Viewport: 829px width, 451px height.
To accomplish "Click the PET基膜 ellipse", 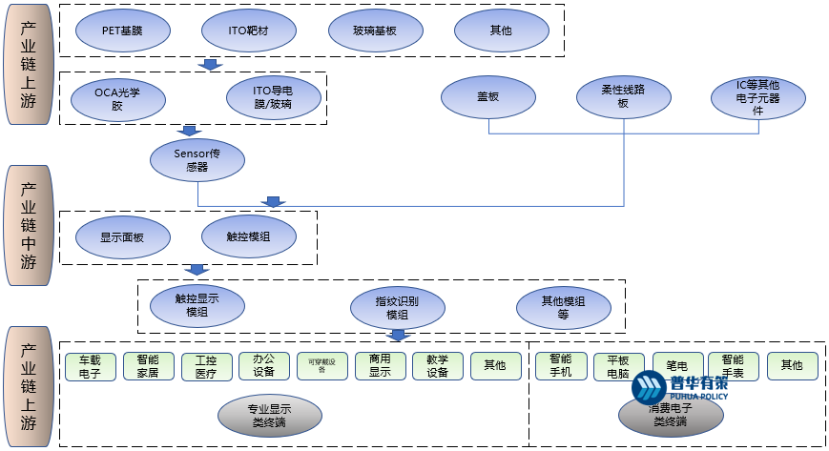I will point(122,31).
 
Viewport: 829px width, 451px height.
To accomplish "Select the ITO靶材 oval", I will point(248,31).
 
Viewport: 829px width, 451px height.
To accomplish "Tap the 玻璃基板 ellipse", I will point(375,31).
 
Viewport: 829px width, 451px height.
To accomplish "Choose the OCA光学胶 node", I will point(117,98).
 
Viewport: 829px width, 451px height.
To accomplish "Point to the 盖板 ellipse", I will point(488,97).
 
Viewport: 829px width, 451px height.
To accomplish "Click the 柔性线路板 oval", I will point(623,97).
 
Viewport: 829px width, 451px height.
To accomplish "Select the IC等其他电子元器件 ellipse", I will point(758,97).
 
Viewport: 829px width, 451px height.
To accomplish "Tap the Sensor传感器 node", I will point(197,159).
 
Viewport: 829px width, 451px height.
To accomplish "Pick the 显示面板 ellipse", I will point(122,237).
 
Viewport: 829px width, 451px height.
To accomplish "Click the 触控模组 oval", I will point(247,237).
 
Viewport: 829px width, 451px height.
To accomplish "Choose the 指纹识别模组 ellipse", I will point(397,307).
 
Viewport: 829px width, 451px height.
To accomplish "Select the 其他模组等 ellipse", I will point(563,307).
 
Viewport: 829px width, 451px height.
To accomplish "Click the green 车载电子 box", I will point(90,367).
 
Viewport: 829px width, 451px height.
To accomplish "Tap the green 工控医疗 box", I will point(206,367).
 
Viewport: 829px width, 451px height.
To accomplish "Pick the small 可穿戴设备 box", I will point(321,367).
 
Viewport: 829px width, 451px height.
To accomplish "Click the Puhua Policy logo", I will point(678,387).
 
